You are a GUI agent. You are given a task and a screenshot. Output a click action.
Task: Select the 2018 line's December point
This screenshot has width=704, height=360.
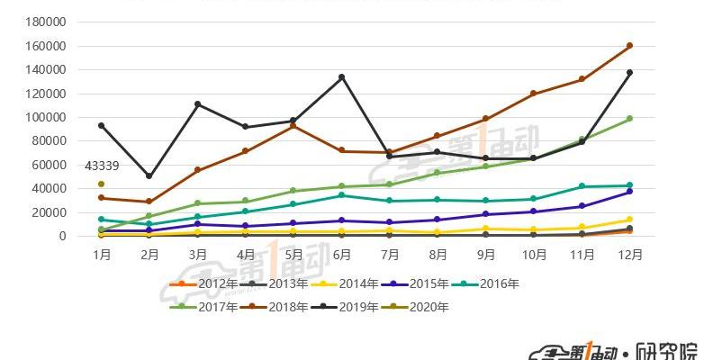click(x=629, y=45)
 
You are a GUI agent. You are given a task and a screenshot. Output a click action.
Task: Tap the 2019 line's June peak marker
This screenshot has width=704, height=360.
click(x=341, y=77)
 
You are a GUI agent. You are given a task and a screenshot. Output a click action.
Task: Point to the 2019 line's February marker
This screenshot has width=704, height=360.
click(x=149, y=175)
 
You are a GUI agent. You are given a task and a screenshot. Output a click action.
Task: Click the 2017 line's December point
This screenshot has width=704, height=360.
click(x=629, y=118)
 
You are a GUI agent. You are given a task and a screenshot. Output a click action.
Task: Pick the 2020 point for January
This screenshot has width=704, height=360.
click(x=102, y=184)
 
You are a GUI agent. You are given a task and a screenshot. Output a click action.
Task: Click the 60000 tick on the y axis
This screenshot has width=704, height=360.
click(x=50, y=165)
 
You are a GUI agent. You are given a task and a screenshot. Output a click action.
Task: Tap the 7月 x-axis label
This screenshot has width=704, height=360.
click(x=389, y=255)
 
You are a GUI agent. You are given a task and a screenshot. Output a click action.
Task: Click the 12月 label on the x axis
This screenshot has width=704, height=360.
click(x=629, y=255)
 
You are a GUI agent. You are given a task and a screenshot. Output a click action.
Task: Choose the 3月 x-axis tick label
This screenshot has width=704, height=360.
click(x=197, y=255)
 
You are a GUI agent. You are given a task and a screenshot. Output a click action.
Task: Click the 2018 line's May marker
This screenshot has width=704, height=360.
click(x=293, y=126)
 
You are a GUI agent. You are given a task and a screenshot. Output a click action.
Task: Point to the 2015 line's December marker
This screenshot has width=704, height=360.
click(x=629, y=192)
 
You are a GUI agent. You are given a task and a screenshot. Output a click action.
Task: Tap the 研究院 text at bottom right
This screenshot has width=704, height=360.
click(x=666, y=351)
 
